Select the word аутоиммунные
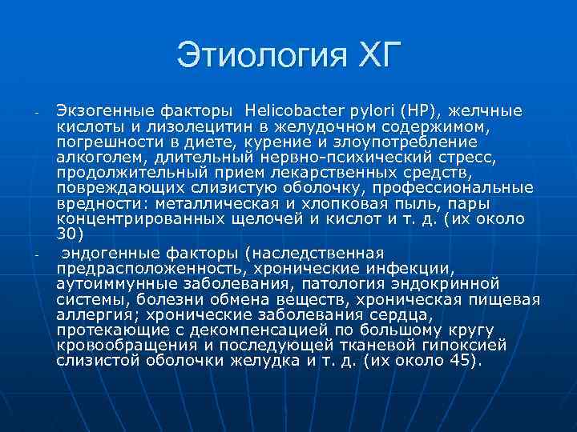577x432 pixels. (116, 283)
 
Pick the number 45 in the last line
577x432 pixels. (455, 361)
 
